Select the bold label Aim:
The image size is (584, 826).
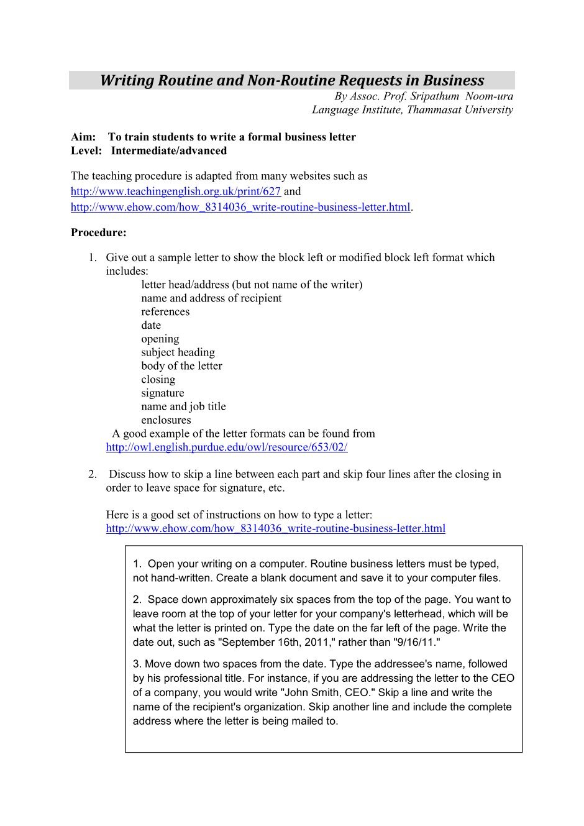tap(83, 137)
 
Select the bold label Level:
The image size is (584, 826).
tap(86, 150)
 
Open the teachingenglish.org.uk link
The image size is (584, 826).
tap(176, 191)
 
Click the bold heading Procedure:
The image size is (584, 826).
tap(99, 232)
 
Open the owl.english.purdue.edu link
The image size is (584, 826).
tap(227, 447)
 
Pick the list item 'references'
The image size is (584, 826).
tap(165, 311)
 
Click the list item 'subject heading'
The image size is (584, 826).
tap(178, 352)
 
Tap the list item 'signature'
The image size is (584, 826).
tap(162, 393)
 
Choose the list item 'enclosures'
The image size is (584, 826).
tap(166, 420)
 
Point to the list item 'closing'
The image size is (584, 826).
tap(158, 379)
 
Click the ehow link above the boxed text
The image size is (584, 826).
tap(275, 528)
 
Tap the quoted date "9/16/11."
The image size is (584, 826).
tap(417, 642)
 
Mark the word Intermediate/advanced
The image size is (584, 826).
tap(169, 150)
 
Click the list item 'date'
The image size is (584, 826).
tap(151, 325)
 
